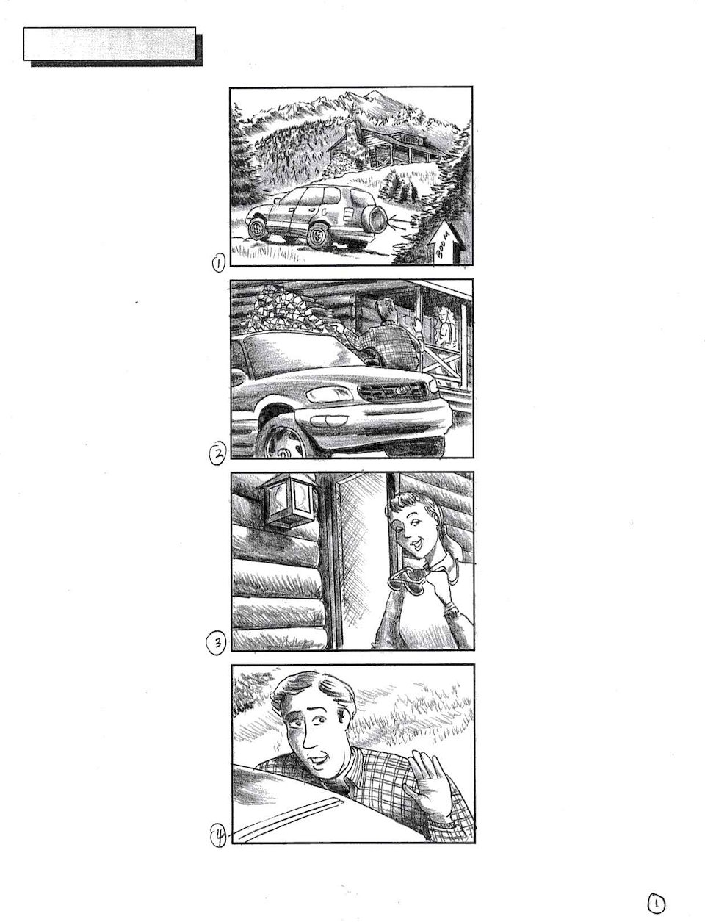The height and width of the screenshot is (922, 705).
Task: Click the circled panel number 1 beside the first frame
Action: pyautogui.click(x=218, y=263)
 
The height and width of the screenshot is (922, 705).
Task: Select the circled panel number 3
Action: pyautogui.click(x=217, y=641)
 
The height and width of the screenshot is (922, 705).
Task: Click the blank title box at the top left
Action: pyautogui.click(x=110, y=43)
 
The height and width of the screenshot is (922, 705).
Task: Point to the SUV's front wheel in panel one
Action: pyautogui.click(x=256, y=228)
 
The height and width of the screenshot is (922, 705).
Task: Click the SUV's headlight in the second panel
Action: pyautogui.click(x=330, y=394)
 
